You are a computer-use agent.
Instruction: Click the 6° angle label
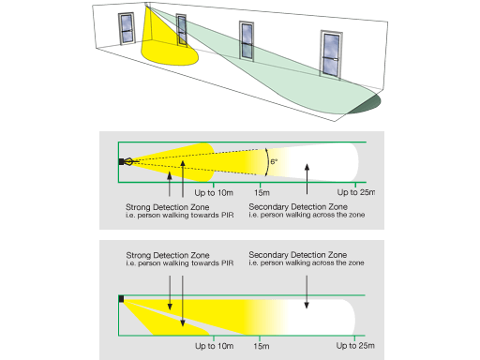pos(274,161)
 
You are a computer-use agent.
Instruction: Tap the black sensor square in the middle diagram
pos(121,161)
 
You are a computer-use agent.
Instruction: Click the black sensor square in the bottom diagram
pos(121,299)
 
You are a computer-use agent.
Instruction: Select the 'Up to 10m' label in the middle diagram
pos(214,193)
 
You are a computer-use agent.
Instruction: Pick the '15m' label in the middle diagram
pos(262,193)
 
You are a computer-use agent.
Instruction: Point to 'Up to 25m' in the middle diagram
pos(356,192)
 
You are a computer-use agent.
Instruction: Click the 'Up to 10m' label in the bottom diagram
pos(215,346)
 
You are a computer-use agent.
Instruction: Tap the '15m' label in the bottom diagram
pos(262,346)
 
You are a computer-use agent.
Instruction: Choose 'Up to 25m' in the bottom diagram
pos(355,346)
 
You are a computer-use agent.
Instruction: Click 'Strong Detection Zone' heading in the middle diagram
pos(168,207)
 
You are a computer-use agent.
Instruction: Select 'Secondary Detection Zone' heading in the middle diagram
pos(298,207)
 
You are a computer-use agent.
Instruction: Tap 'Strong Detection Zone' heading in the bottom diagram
pos(168,255)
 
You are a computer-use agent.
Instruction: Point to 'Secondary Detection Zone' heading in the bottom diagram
pos(298,255)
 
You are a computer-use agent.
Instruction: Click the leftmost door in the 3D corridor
pos(127,29)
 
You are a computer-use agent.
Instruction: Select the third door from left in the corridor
pos(247,40)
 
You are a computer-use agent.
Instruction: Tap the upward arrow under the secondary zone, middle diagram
pos(307,179)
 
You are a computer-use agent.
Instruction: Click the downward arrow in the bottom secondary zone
pos(307,292)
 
